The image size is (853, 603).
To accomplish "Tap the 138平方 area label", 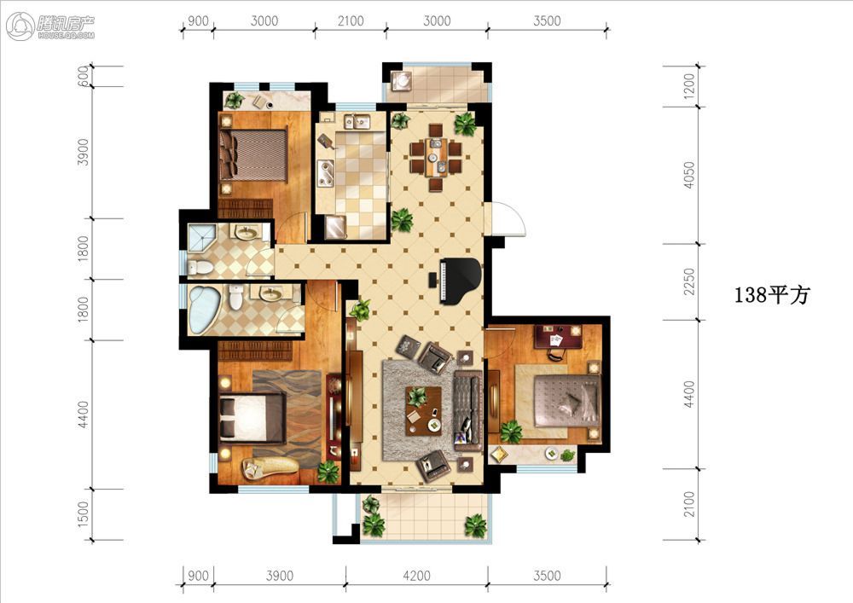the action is (771, 295).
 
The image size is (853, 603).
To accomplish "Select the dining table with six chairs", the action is (436, 157).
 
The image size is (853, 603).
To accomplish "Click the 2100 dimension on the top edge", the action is (351, 20).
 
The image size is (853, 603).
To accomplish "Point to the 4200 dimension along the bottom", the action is (416, 576).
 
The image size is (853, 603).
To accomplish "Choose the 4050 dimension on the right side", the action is (689, 175).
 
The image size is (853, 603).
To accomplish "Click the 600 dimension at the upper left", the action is (84, 76).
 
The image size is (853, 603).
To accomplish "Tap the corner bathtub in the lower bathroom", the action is (205, 310).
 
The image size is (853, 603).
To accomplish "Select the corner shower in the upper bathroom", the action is (201, 237).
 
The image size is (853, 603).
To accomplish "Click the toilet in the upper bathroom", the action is (200, 267).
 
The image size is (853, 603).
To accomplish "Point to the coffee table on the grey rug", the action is (424, 410).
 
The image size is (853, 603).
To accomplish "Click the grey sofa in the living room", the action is (467, 411).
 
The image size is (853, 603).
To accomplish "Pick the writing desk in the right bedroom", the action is (558, 335).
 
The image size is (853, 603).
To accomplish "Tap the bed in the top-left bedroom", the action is (253, 155).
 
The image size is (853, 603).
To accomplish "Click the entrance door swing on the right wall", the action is (507, 218).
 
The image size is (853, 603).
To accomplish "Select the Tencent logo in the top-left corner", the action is (50, 26).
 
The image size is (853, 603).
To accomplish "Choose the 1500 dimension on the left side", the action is (84, 513).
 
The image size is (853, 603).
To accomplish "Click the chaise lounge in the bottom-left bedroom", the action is (270, 467).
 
